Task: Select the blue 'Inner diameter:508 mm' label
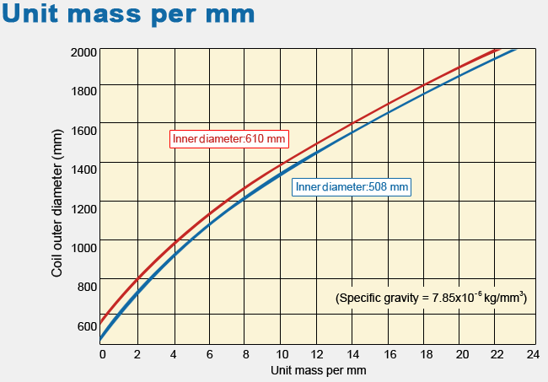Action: (x=352, y=187)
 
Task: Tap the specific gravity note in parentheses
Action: (x=431, y=298)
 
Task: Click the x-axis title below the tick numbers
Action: (x=319, y=369)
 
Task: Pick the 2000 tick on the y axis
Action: (x=84, y=51)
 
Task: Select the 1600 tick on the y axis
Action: (x=84, y=129)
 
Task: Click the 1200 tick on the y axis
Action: (x=84, y=207)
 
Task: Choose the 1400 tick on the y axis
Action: (x=84, y=169)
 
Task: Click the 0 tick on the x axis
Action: (x=102, y=353)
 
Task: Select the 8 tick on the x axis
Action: (x=244, y=353)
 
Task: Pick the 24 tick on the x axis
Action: (x=531, y=353)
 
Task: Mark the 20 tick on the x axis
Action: (x=460, y=353)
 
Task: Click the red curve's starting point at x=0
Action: (x=102, y=321)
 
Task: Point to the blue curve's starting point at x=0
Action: (x=102, y=339)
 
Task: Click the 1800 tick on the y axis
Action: (x=84, y=90)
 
